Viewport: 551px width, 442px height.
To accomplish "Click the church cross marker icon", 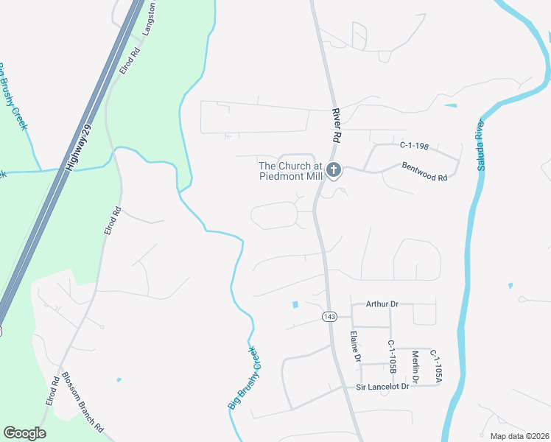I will click(x=334, y=171).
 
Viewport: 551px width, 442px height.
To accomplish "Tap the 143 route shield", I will click(x=329, y=316).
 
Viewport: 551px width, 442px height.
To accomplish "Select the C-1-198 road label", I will click(x=414, y=146).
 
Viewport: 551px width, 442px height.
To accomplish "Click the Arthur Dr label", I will click(x=382, y=304).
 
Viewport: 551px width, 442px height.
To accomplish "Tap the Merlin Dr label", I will click(x=415, y=366).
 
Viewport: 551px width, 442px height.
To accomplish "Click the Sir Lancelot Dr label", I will click(x=382, y=387).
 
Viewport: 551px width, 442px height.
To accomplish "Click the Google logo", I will click(x=24, y=433).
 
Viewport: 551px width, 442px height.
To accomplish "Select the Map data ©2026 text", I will click(x=519, y=436).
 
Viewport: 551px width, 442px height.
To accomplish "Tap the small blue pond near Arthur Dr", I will click(x=295, y=304).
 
